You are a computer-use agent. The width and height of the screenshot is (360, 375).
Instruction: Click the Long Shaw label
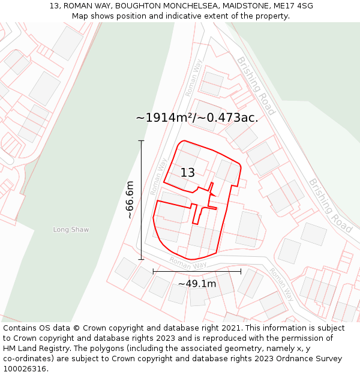click(71, 230)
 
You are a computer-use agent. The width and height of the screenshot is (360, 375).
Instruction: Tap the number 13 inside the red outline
click(188, 173)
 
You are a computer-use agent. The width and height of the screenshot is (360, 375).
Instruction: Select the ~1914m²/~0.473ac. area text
click(197, 118)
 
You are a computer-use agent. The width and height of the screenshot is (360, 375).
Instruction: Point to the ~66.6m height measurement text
click(130, 200)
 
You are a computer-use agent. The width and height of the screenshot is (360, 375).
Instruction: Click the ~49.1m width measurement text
click(197, 284)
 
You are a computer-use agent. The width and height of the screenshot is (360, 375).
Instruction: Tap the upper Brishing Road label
click(256, 86)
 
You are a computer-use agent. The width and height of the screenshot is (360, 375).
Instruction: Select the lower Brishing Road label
click(331, 206)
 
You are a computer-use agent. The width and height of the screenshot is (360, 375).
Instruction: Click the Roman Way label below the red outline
click(188, 263)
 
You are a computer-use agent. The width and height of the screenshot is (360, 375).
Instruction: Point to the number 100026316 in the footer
click(25, 369)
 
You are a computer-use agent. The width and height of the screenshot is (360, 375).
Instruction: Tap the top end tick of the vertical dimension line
click(142, 140)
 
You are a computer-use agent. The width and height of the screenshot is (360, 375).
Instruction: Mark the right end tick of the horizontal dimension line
click(241, 271)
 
